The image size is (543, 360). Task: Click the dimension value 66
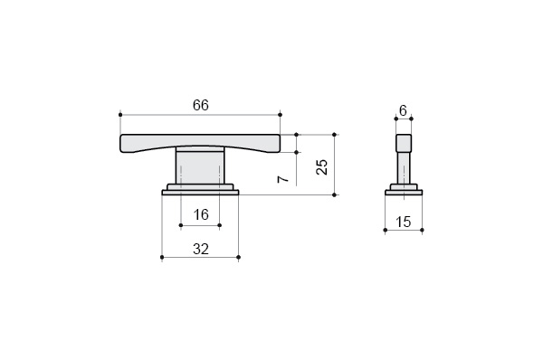coord(201,105)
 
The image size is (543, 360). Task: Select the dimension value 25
coord(322,166)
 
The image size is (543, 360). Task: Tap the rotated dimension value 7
coord(283,178)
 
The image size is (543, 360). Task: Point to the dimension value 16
coord(201,214)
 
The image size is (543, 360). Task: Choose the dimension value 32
coord(201,249)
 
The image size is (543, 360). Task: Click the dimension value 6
coord(403,110)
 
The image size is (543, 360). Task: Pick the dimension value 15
coord(403,222)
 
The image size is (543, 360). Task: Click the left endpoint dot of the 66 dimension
coord(120,115)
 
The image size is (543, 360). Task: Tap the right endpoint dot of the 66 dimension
coord(281,115)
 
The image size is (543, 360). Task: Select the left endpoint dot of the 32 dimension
coord(162,257)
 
